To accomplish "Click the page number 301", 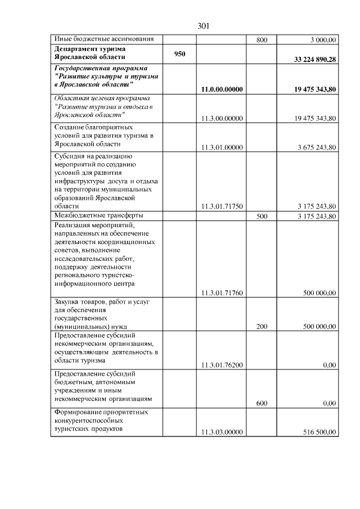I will point(204,26).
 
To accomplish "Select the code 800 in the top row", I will point(262,40).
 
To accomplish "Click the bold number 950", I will point(180,52).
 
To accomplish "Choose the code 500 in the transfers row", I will point(262,216).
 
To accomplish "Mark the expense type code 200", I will point(262,326).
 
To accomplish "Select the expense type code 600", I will point(262,403).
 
